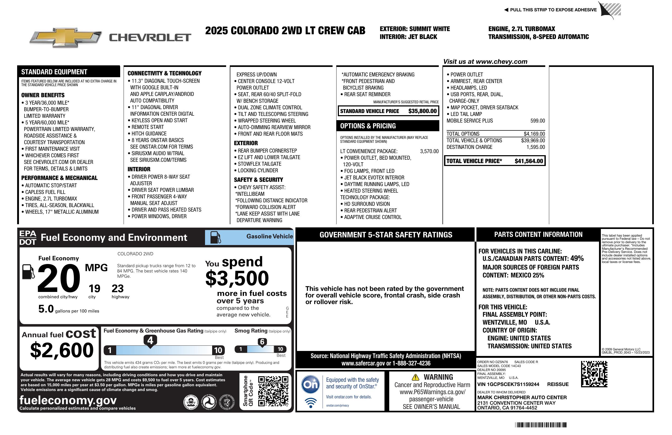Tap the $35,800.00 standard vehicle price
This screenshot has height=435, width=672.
[x=422, y=111]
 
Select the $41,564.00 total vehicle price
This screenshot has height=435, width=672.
[x=529, y=161]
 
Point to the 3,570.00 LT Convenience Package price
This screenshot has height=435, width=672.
[x=429, y=151]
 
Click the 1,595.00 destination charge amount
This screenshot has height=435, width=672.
[x=535, y=147]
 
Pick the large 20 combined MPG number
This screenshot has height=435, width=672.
[x=59, y=278]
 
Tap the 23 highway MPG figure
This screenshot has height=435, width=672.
[x=118, y=289]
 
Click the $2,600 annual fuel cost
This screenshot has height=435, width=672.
[x=62, y=350]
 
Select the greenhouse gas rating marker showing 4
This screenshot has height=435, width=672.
[x=150, y=341]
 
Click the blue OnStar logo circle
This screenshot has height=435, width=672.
[x=311, y=384]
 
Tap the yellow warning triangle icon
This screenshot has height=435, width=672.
[x=415, y=377]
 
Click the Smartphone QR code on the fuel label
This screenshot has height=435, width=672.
[x=273, y=391]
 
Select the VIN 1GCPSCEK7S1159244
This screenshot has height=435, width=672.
[x=508, y=384]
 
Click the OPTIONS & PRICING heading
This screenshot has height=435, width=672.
[x=368, y=126]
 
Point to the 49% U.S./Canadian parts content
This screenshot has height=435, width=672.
[x=577, y=258]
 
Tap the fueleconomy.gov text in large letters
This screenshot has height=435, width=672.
[x=68, y=400]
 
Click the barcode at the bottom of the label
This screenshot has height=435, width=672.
[x=540, y=425]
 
